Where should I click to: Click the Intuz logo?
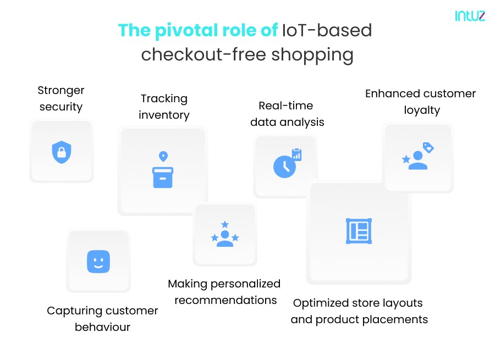pos(470,16)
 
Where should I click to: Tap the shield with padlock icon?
pos(61,152)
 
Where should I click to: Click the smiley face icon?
pos(98,261)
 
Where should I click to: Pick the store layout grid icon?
pos(359,231)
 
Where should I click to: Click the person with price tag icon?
pos(418,156)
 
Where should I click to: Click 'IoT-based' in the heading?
pos(327,31)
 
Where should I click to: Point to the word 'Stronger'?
pos(61,90)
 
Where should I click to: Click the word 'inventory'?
pos(164,115)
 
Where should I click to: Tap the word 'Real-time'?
pos(285,106)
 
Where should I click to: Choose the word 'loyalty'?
pos(422,110)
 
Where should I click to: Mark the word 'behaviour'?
pos(102,327)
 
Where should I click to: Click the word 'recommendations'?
pos(226,300)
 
